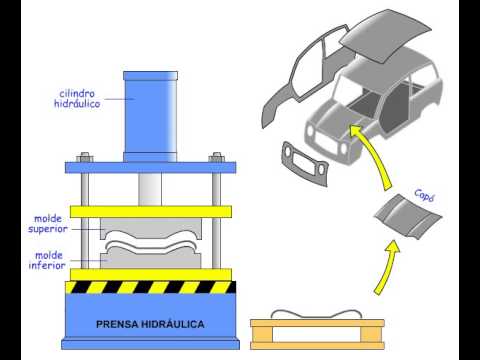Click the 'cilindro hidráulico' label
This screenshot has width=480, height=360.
(77, 99)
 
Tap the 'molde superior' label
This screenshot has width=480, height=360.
(48, 224)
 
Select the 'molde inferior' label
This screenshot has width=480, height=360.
(47, 260)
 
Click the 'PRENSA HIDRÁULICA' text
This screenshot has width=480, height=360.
(150, 324)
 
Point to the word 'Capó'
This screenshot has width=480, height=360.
(424, 195)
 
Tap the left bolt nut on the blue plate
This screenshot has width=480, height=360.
(85, 157)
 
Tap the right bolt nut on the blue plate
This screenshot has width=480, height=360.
(217, 157)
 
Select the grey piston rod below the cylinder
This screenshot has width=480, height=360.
(150, 189)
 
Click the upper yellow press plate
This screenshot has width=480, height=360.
(151, 212)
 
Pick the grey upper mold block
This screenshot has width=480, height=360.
(151, 227)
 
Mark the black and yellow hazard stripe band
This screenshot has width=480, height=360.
(151, 287)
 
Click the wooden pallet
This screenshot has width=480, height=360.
(317, 334)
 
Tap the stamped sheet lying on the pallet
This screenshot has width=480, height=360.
(316, 314)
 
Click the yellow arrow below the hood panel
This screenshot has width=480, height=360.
(388, 268)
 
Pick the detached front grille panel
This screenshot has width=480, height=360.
(305, 164)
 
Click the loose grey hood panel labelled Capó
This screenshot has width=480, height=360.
(408, 217)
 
